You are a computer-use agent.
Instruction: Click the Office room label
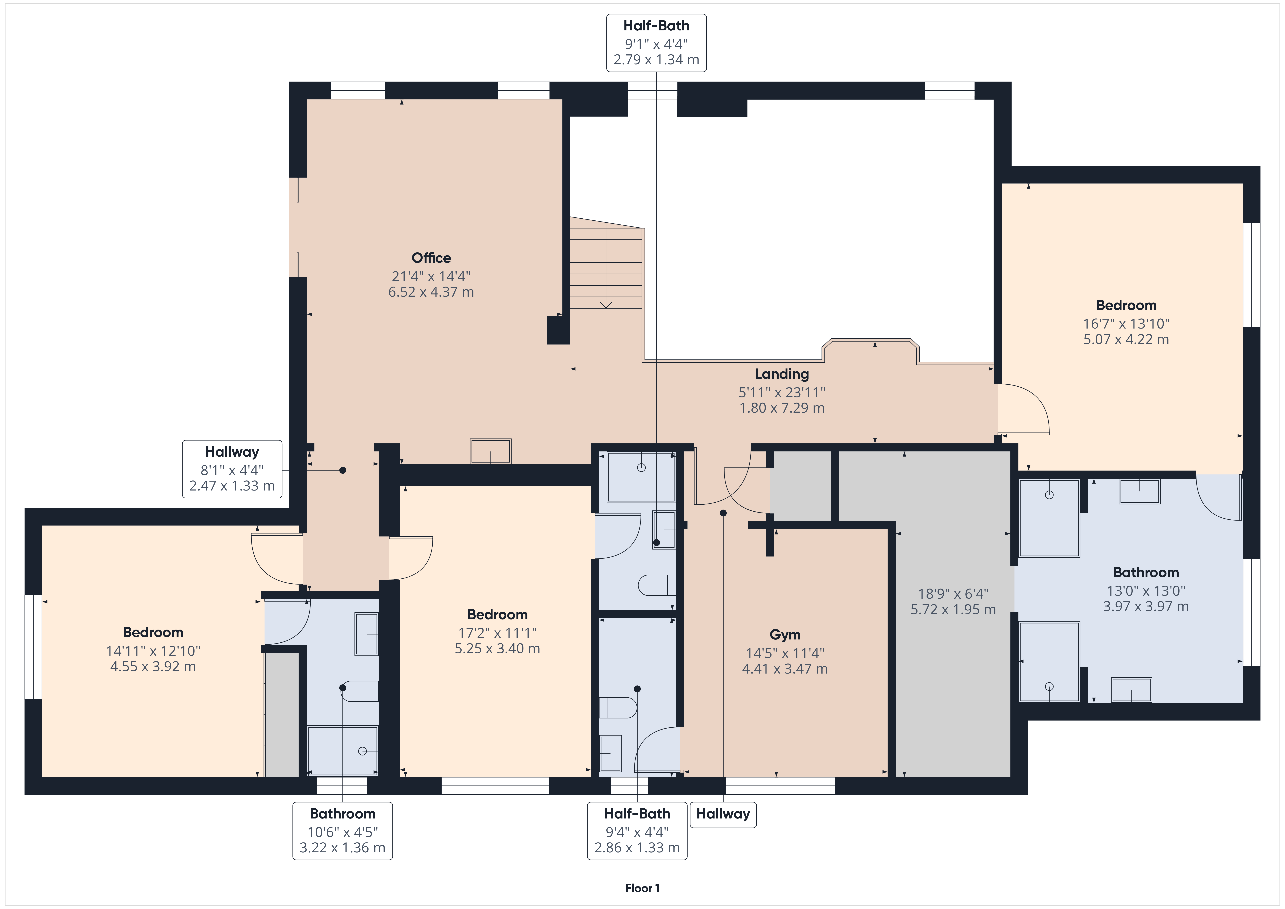[431, 258]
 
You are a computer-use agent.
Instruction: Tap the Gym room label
[785, 635]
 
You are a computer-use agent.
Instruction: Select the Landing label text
[782, 374]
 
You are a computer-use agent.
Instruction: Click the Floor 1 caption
[642, 888]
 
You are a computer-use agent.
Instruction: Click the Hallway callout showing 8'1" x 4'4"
[232, 469]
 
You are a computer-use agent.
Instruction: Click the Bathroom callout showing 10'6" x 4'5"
[342, 831]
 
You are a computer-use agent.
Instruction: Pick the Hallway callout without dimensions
[723, 814]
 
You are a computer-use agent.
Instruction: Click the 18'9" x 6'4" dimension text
[953, 594]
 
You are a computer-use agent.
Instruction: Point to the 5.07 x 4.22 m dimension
[1126, 339]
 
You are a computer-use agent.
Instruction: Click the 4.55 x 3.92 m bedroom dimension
[153, 666]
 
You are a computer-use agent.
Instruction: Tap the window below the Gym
[780, 786]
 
